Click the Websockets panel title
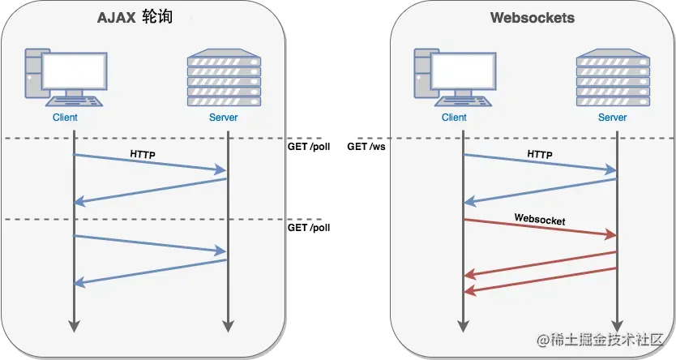coord(532,18)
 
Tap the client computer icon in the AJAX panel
coord(64,78)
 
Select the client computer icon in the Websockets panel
coord(453,78)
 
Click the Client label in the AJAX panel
coord(64,118)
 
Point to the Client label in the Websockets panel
coord(454,118)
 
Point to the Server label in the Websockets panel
coord(612,118)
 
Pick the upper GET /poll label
coord(309,148)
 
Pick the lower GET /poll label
coord(309,229)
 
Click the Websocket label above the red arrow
coord(539,219)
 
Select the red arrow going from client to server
coord(539,227)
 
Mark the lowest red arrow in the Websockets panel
coord(539,280)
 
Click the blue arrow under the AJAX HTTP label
coord(150,162)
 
